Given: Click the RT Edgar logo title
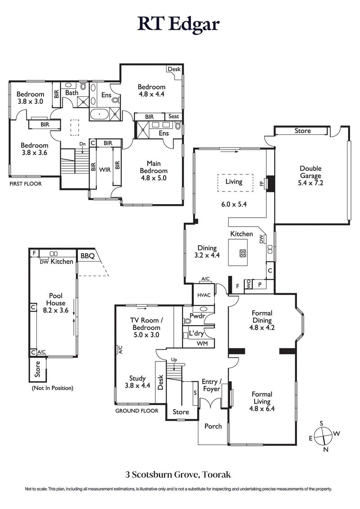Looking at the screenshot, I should click(x=179, y=23).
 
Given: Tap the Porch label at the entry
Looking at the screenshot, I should click(x=213, y=426).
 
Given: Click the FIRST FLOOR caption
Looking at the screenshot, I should click(x=25, y=184).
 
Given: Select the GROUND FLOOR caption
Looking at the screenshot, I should click(x=137, y=411).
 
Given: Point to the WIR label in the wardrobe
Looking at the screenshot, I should click(x=105, y=170).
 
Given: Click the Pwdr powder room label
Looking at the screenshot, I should click(x=197, y=316).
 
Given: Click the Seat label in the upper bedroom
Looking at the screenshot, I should click(x=174, y=116).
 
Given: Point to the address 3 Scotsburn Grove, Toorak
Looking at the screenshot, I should click(x=178, y=474).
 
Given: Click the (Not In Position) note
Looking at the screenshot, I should click(x=52, y=388).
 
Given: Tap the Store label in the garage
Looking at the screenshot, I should click(x=302, y=131).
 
